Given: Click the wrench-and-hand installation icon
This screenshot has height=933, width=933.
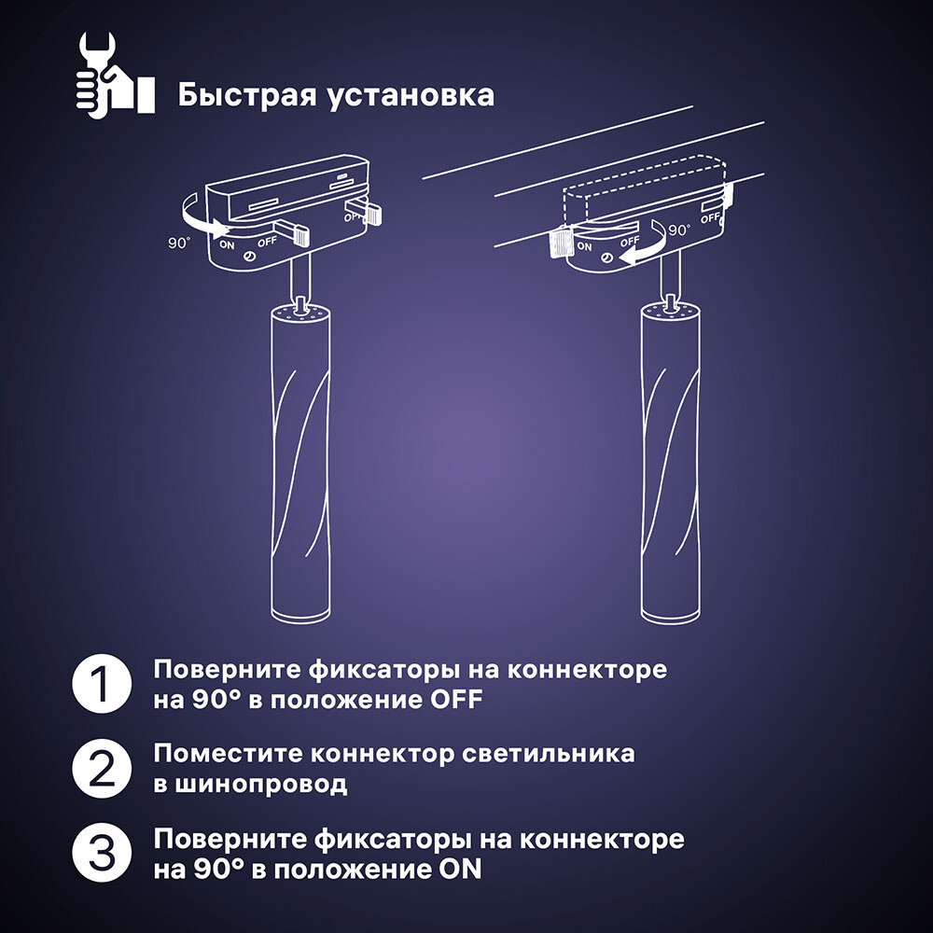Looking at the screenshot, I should [113, 75].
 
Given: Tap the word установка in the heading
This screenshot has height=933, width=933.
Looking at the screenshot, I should [407, 95].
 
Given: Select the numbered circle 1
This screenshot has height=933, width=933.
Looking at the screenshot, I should [99, 685].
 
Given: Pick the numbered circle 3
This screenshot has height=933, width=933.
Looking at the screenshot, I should [99, 853].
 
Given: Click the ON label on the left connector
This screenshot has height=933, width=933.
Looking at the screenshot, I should [228, 246].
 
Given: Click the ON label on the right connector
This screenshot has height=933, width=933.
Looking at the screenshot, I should [585, 246].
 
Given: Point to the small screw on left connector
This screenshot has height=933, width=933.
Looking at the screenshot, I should [250, 257].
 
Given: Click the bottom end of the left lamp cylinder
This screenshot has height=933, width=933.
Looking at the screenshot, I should [299, 615].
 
